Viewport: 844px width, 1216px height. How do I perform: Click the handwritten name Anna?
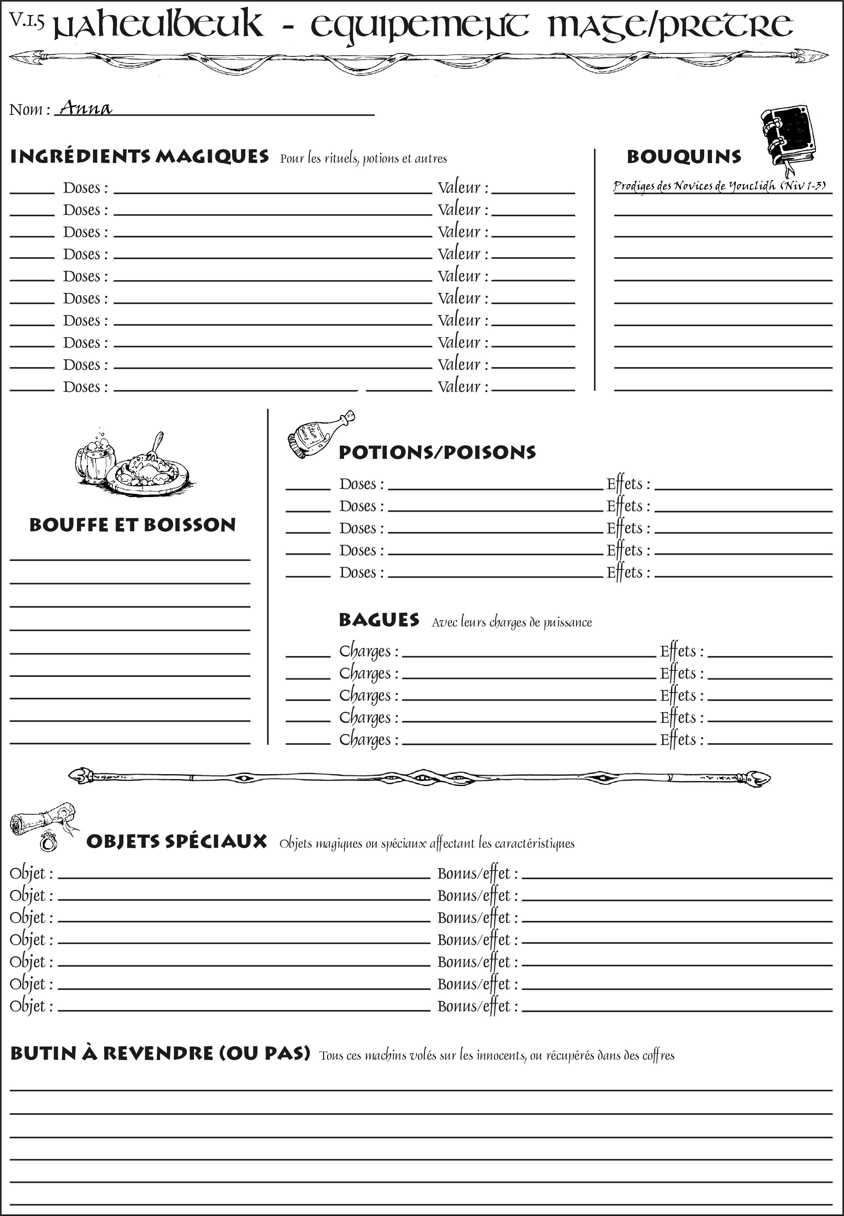[x=86, y=108]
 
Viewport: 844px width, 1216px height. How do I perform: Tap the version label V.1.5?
[x=26, y=21]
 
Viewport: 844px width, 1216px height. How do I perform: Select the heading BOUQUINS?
[x=684, y=157]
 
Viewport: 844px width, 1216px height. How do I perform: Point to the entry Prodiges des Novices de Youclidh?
[x=719, y=186]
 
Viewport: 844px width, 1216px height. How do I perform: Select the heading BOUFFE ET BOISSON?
[x=132, y=525]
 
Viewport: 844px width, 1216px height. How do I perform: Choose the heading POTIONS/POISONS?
[x=437, y=452]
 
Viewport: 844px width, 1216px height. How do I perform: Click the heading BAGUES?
[x=379, y=620]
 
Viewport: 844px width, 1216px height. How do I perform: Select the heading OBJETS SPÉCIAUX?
[x=177, y=842]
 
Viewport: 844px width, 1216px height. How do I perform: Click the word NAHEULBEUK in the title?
[x=159, y=25]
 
